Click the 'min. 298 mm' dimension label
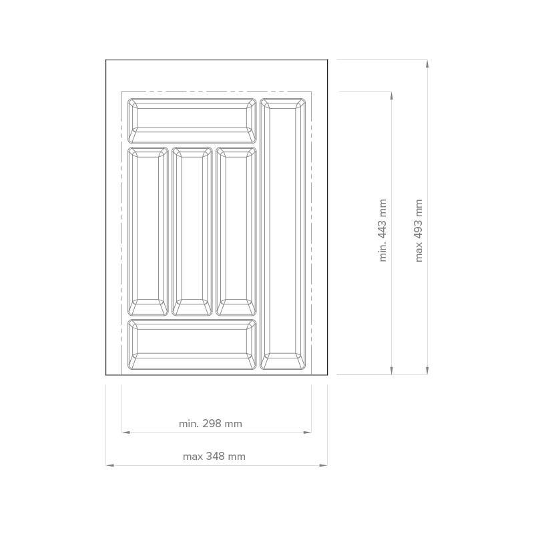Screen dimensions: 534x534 (210, 424)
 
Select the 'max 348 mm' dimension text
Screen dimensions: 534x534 (214, 457)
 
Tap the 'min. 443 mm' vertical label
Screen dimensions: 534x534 (382, 230)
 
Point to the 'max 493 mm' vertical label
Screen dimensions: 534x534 (419, 230)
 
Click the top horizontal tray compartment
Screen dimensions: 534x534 (192, 121)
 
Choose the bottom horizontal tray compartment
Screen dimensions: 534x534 (192, 344)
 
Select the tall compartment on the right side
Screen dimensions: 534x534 (282, 234)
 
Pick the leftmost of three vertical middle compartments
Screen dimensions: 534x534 (148, 232)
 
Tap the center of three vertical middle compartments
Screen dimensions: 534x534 (192, 232)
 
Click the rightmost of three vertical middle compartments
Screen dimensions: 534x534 (236, 232)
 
